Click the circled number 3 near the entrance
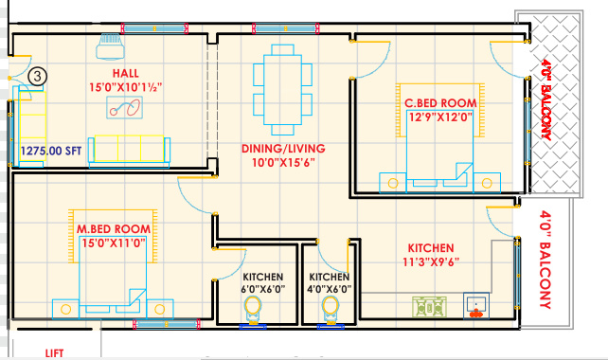coord(37,77)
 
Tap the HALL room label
coord(126,73)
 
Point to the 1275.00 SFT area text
coord(51,151)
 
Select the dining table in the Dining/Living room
coord(282,90)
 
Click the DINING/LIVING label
coord(283,149)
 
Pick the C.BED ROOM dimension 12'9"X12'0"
coord(441,117)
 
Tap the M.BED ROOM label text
coord(114,229)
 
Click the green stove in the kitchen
coord(429,307)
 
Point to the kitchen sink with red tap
coord(476,305)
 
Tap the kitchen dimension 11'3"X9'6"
coord(431,262)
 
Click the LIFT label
coord(54,353)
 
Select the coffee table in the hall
coord(124,107)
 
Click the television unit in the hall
coord(111,46)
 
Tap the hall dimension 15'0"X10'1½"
coord(126,87)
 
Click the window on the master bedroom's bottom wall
coord(167,324)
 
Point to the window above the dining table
coord(285,28)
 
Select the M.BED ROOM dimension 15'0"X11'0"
coord(114,243)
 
